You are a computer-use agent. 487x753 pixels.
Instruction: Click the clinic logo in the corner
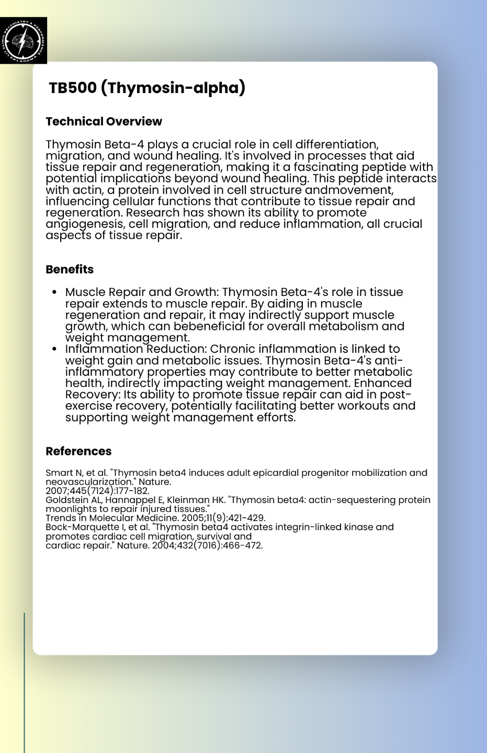click(x=24, y=40)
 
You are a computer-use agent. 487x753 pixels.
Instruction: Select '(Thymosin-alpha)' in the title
click(x=173, y=88)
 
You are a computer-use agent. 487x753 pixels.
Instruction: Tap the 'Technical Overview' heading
click(x=104, y=121)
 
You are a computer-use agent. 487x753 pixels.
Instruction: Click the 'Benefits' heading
click(x=70, y=269)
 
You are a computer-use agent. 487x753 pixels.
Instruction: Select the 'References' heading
click(x=78, y=451)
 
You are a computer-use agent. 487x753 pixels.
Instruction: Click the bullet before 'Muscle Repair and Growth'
click(x=54, y=292)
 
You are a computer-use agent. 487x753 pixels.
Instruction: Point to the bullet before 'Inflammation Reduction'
click(x=54, y=349)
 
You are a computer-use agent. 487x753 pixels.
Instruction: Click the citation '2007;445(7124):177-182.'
click(x=97, y=490)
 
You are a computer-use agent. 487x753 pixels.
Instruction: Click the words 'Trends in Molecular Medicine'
click(x=112, y=518)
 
